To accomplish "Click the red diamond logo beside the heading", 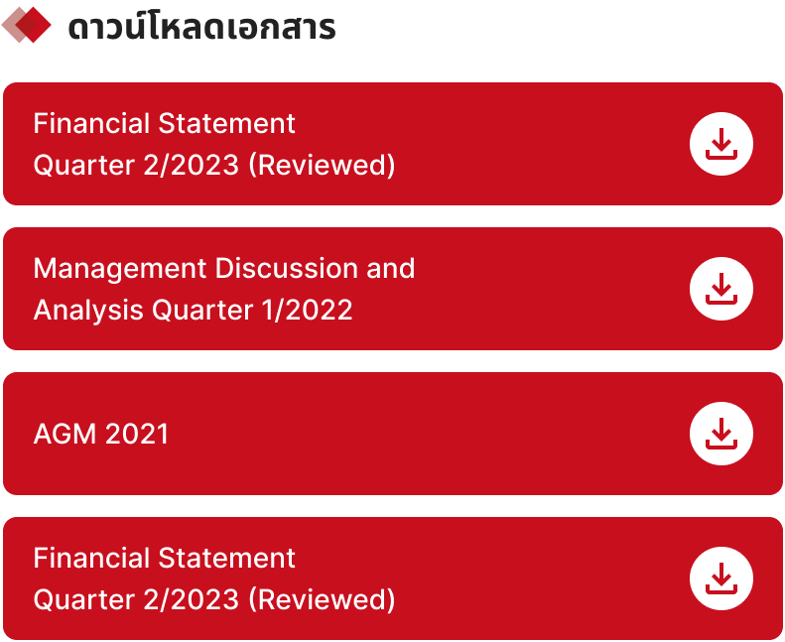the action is (x=27, y=25).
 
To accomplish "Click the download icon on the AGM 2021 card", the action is (x=721, y=434).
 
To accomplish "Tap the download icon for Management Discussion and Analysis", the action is (x=721, y=289).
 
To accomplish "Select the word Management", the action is (x=120, y=269).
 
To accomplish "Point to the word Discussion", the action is (x=287, y=268).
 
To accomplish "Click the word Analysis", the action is (x=88, y=310).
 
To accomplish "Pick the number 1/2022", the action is (x=308, y=310).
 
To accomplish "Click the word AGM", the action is (x=65, y=434).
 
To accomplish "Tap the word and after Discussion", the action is (x=390, y=268).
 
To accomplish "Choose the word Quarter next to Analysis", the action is (x=202, y=311).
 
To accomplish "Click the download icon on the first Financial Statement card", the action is (x=721, y=144).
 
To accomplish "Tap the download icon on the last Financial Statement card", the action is (x=721, y=578).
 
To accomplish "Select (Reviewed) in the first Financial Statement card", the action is (x=322, y=165).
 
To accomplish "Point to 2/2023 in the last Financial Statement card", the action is (x=192, y=599).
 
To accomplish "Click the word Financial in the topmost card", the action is (x=91, y=124).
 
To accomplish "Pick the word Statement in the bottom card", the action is (x=227, y=559).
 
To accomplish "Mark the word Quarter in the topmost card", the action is (x=84, y=165).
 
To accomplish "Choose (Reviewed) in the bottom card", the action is (x=322, y=600).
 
